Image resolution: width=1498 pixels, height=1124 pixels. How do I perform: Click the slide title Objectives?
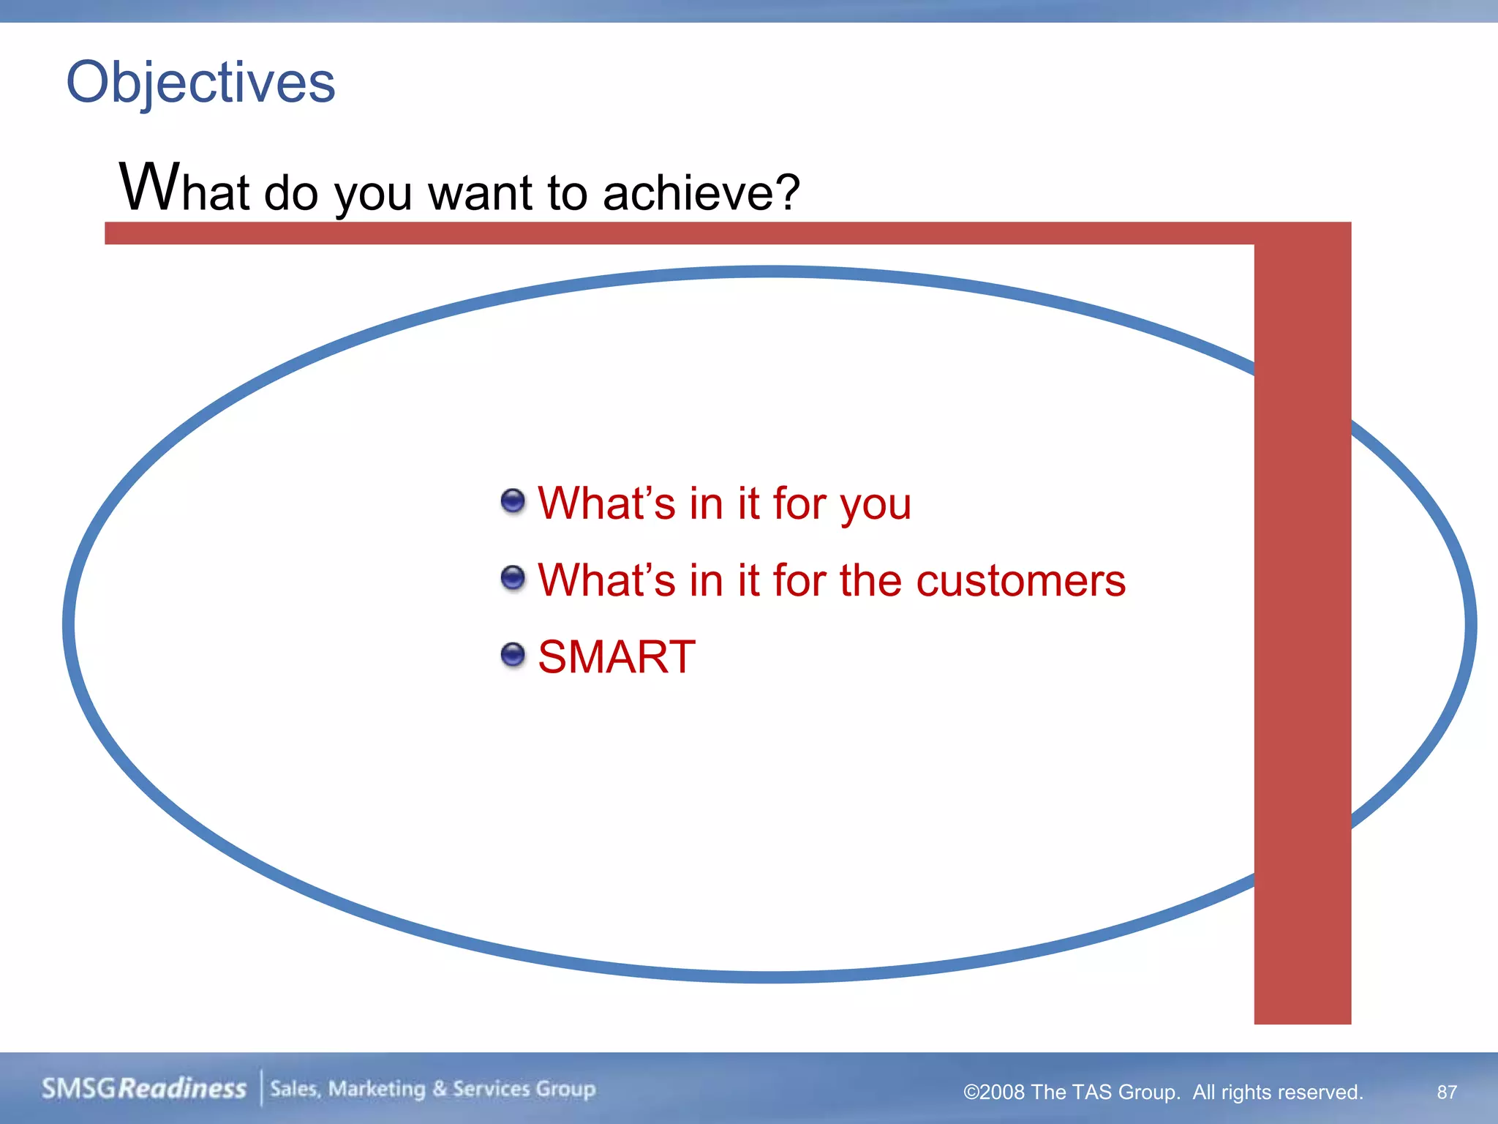[x=200, y=82]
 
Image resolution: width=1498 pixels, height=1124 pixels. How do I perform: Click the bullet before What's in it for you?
[x=513, y=502]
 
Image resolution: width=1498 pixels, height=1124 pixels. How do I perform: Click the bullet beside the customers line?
[x=513, y=578]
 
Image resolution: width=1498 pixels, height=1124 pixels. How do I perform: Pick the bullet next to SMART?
[x=513, y=655]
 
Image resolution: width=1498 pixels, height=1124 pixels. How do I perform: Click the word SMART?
[x=616, y=656]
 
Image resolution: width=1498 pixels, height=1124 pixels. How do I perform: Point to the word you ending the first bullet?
[x=875, y=506]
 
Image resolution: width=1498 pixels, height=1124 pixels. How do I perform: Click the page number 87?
[x=1447, y=1092]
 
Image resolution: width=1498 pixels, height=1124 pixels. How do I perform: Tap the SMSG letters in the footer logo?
[x=78, y=1088]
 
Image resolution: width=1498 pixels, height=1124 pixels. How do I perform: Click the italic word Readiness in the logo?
[x=182, y=1088]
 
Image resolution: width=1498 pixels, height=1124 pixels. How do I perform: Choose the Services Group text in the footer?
[x=524, y=1089]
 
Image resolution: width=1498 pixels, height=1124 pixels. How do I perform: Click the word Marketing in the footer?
[x=377, y=1089]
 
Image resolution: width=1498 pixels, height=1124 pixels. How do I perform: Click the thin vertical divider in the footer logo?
[x=261, y=1088]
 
